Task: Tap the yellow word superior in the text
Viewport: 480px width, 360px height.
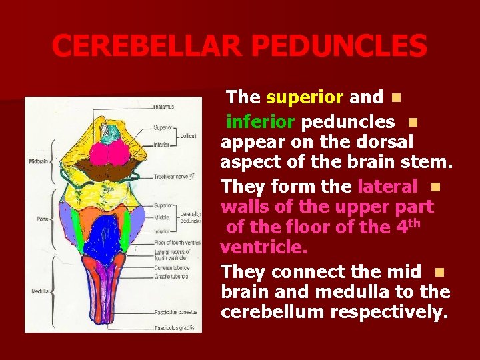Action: point(304,97)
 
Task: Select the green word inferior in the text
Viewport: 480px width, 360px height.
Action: point(261,122)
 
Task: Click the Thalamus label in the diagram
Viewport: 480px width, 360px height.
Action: point(163,107)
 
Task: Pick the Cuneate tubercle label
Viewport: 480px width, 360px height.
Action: point(172,269)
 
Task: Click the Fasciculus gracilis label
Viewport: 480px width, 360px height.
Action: point(175,327)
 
